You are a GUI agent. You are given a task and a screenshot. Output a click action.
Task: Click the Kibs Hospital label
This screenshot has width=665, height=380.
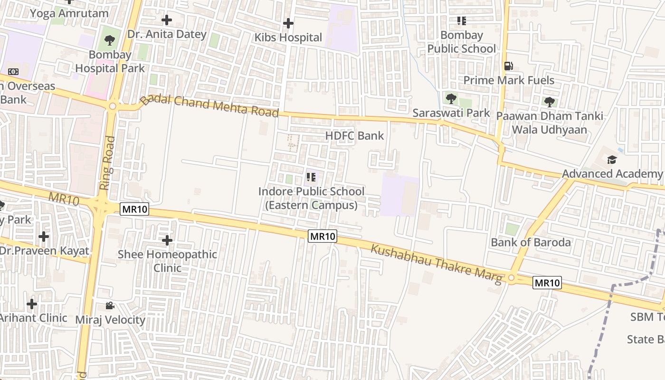288,38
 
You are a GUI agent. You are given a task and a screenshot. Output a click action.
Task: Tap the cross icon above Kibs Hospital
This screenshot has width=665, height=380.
288,23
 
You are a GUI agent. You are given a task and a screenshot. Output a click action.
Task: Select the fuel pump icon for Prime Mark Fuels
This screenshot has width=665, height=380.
508,66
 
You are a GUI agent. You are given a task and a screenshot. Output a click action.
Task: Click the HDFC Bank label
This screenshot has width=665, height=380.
354,136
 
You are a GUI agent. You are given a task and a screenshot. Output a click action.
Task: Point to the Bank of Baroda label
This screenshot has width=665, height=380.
531,242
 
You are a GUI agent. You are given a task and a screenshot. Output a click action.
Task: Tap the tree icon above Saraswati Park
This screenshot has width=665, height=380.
451,99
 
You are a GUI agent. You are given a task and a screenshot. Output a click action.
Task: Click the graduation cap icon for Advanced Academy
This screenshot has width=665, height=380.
612,160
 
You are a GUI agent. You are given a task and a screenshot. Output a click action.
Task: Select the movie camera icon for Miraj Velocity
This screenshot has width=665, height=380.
110,305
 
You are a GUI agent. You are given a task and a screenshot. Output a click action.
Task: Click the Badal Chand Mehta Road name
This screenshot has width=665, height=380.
209,106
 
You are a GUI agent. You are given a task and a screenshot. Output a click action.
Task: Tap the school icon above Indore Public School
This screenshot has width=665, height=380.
311,178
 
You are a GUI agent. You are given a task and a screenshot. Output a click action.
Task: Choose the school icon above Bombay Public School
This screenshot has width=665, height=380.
461,21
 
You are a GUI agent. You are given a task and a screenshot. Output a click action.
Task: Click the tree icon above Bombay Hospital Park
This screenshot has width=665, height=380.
110,40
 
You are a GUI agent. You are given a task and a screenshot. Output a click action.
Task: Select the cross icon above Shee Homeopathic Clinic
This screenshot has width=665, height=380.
167,240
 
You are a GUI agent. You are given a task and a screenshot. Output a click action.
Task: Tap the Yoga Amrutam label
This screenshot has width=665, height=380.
69,13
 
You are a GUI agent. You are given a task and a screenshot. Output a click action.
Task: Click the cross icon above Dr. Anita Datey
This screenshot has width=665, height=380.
167,20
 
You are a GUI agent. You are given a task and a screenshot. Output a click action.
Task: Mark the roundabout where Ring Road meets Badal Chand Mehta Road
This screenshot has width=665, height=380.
113,106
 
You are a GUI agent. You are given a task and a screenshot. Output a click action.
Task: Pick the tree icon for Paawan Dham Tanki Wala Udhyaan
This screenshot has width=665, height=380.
549,102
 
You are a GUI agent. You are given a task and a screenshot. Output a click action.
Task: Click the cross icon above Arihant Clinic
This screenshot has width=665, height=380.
32,304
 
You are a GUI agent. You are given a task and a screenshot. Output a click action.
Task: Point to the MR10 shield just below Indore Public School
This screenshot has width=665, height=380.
323,236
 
